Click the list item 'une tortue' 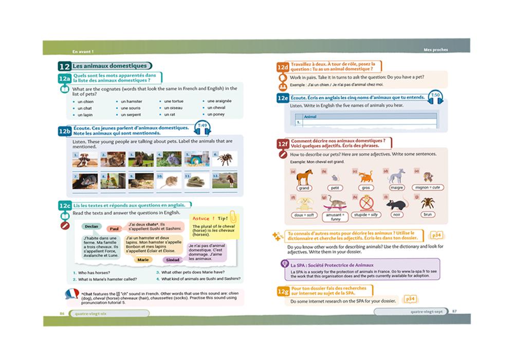tap(173, 101)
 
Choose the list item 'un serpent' tap(130, 114)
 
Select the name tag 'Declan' tap(91, 226)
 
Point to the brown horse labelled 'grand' tap(304, 178)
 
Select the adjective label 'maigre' tap(396, 188)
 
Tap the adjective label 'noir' tap(395, 214)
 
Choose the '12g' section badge tap(283, 292)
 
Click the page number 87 tap(454, 312)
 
